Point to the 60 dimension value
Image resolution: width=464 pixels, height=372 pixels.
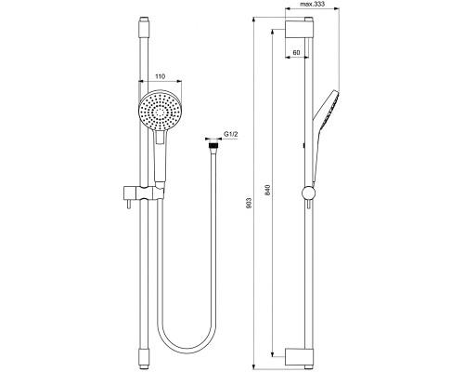[295, 53]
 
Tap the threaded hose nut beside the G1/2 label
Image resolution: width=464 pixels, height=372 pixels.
[214, 145]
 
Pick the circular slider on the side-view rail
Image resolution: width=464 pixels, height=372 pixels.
[309, 194]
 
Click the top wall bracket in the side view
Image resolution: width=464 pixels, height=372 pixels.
[295, 32]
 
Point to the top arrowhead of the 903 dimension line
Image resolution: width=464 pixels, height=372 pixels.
[256, 19]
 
